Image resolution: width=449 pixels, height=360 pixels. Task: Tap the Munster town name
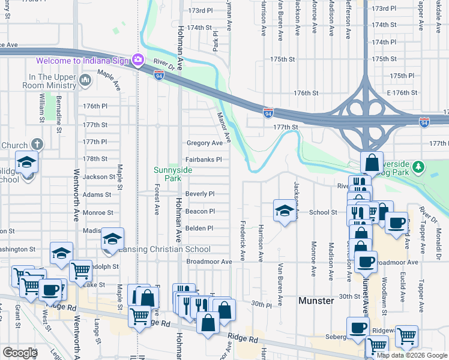316,300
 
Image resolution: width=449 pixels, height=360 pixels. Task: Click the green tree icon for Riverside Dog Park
419,166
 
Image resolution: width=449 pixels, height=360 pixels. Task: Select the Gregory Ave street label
204,143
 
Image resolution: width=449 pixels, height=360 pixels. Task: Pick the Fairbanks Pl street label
203,160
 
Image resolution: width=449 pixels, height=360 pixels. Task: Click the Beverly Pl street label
200,194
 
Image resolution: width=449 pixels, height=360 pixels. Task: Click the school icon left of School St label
285,210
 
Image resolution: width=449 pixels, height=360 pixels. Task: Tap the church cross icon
37,144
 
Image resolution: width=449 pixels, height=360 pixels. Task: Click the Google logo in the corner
20,353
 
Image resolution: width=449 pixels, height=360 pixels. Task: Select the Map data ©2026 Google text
412,355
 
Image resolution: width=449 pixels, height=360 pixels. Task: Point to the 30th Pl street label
261,305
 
